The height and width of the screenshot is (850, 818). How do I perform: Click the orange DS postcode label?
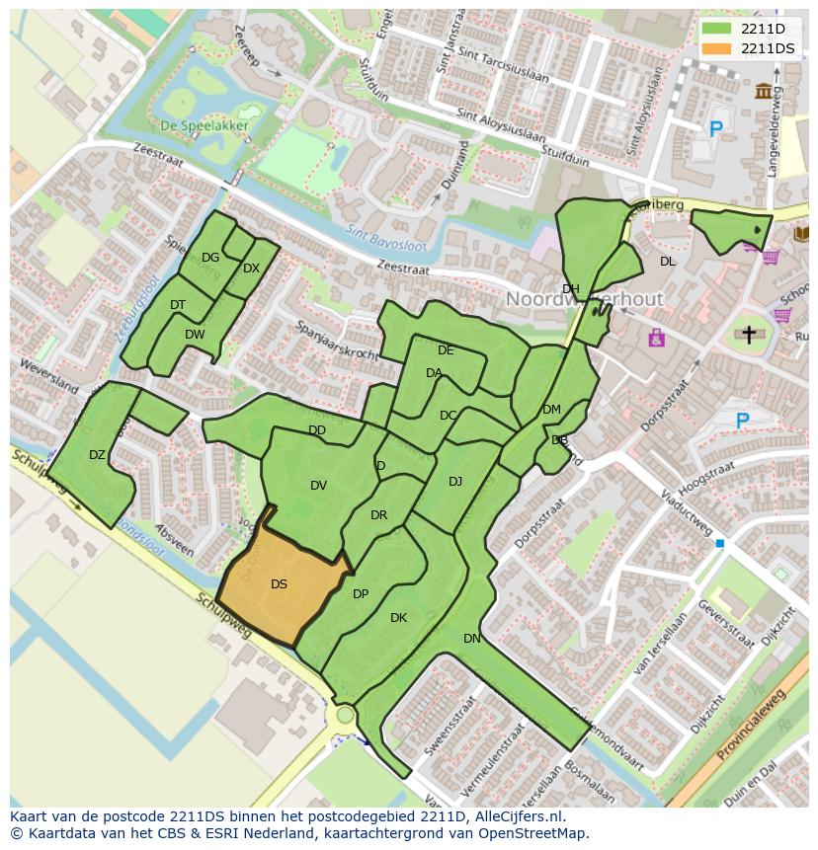[x=279, y=584]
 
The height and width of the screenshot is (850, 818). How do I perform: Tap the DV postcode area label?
[x=318, y=485]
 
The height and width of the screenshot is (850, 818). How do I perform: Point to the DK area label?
[x=398, y=618]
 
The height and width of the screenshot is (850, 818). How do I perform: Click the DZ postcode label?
[x=97, y=455]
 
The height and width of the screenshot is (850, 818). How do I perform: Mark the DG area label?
[x=210, y=258]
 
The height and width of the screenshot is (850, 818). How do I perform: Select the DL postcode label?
[x=668, y=262]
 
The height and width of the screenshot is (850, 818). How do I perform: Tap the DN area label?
[x=472, y=639]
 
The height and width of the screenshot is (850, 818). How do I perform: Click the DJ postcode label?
[x=455, y=482]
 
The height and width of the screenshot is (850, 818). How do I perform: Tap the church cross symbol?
[x=749, y=336]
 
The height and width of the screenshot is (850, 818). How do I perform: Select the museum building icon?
[x=764, y=92]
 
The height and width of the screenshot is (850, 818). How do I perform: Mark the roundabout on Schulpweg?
[x=345, y=714]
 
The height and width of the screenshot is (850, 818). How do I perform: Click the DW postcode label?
[x=195, y=335]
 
